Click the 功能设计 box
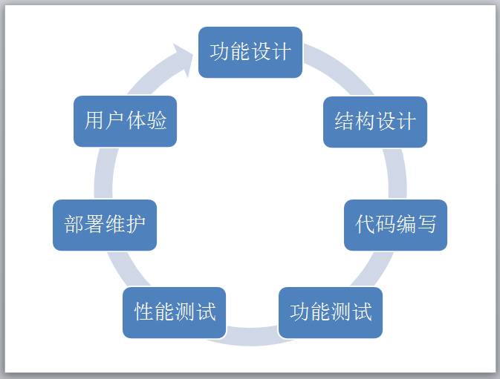[x=250, y=52]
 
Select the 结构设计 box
[x=375, y=122]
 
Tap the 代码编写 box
[x=395, y=225]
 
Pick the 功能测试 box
[x=331, y=312]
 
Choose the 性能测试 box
[x=175, y=312]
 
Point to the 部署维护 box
[x=105, y=225]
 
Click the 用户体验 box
[x=125, y=121]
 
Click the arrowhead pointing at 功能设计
[x=182, y=56]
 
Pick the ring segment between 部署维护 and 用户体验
[x=104, y=173]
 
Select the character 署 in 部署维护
[x=94, y=225]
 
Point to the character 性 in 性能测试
[x=144, y=312]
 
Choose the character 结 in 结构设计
[x=345, y=122]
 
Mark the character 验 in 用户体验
[x=157, y=121]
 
